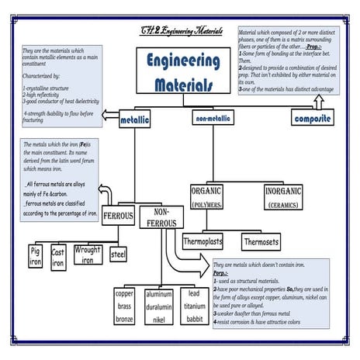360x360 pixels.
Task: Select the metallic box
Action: pyautogui.click(x=135, y=121)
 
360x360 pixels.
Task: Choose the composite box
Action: pyautogui.click(x=312, y=119)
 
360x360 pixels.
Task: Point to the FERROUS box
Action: pyautogui.click(x=118, y=216)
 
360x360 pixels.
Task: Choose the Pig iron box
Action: pyautogui.click(x=35, y=257)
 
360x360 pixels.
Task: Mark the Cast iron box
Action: pyautogui.click(x=58, y=258)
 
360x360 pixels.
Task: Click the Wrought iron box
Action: pyautogui.click(x=88, y=255)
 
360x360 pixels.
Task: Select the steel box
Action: pyautogui.click(x=118, y=254)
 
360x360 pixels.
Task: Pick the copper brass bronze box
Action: pyautogui.click(x=124, y=306)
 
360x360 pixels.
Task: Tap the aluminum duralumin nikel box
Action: pyautogui.click(x=159, y=306)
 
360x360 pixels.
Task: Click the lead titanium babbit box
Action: pyautogui.click(x=194, y=306)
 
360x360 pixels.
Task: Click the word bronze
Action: pyautogui.click(x=124, y=319)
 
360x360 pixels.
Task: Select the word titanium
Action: pyautogui.click(x=194, y=306)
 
